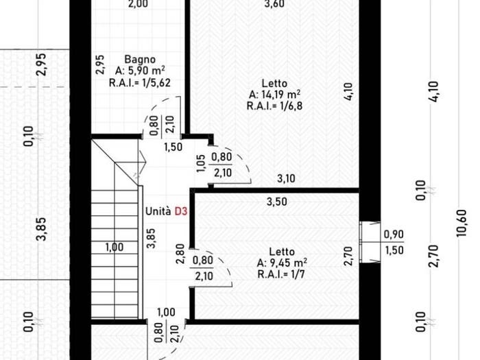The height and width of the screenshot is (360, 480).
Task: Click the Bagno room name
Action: pos(140,59)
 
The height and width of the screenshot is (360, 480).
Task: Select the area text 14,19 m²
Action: pos(279,95)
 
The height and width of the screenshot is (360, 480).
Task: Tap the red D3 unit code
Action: pos(180,211)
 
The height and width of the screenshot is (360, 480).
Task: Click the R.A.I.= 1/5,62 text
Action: pos(140,83)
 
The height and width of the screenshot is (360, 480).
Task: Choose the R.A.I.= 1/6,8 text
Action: pos(274,106)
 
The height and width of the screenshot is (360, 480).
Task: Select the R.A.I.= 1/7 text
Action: pos(281,274)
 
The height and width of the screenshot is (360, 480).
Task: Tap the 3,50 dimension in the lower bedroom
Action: pos(277,202)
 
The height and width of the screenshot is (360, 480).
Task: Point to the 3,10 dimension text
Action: pos(286,178)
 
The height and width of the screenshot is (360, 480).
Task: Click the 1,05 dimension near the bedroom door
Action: pos(200,163)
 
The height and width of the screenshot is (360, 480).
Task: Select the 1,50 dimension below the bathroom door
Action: pos(173,147)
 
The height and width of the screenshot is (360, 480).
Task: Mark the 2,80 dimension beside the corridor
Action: pos(180,254)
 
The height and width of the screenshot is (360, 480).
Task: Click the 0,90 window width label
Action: pos(394,235)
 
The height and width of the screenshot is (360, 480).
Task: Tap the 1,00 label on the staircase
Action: pos(115,247)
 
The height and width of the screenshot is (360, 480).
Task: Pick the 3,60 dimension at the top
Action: pos(274,3)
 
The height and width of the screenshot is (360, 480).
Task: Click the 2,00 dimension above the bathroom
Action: pos(138,3)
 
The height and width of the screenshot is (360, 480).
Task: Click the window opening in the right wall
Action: pos(370,242)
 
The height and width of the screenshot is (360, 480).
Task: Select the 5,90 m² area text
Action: pos(140,71)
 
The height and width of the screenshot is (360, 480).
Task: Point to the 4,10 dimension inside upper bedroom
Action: pos(348,92)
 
